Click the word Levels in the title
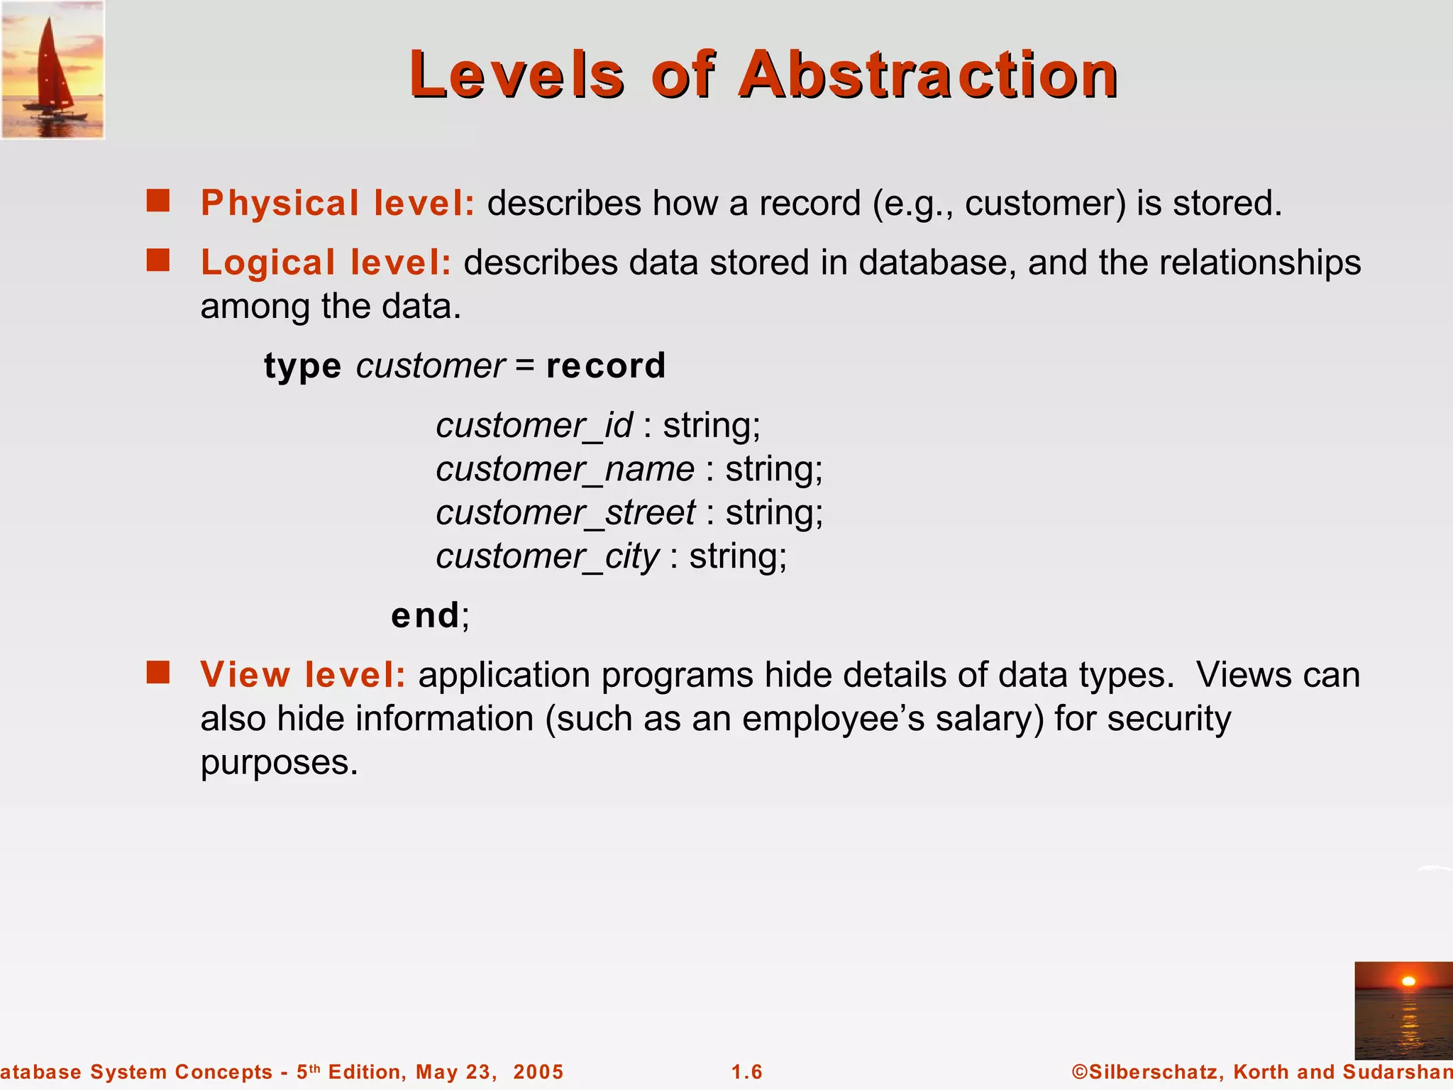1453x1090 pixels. click(517, 75)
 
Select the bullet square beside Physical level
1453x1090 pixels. click(158, 201)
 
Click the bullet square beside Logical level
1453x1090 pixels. click(158, 260)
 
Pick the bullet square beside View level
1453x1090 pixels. click(158, 672)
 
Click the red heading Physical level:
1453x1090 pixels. click(338, 204)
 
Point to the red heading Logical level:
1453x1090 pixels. click(326, 263)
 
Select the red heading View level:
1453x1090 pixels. click(303, 675)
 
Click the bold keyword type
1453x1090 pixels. click(303, 367)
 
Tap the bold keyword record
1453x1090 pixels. click(606, 366)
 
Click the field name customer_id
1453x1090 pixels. click(534, 426)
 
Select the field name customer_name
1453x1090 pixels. click(565, 470)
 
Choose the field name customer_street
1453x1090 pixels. click(565, 513)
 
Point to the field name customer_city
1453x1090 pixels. click(547, 557)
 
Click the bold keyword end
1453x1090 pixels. click(425, 615)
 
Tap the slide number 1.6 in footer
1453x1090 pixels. click(747, 1072)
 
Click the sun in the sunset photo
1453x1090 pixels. click(1409, 981)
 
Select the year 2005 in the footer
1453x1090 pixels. click(538, 1072)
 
